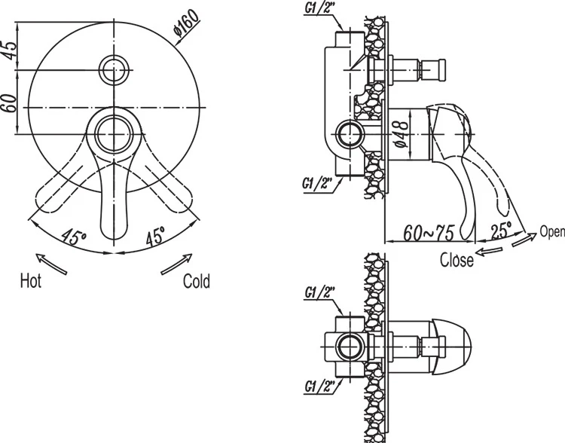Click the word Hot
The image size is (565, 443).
pyautogui.click(x=31, y=282)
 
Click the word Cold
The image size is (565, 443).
pyautogui.click(x=197, y=282)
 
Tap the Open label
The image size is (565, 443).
pyautogui.click(x=552, y=232)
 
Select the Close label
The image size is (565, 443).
pyautogui.click(x=457, y=261)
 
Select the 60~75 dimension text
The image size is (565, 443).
pyautogui.click(x=428, y=234)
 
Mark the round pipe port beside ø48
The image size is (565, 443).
pyautogui.click(x=350, y=136)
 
